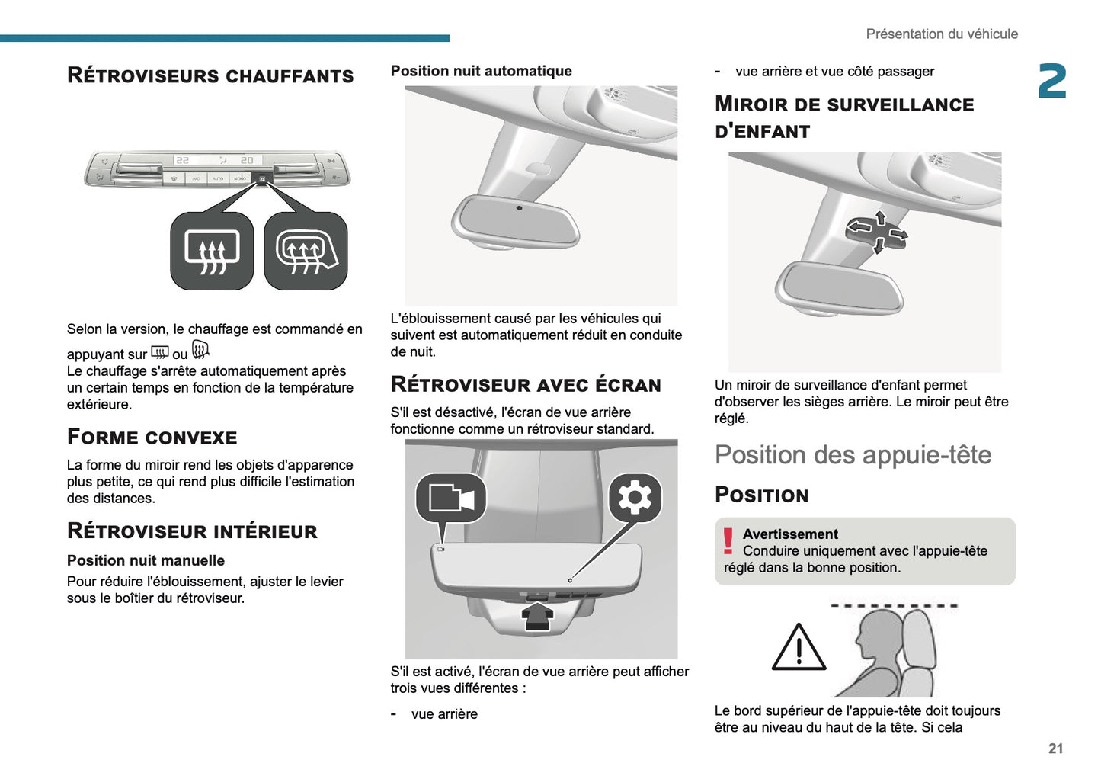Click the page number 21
tap(1055, 749)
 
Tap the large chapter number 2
tap(1052, 82)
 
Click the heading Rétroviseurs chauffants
tap(210, 75)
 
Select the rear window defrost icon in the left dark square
tap(212, 252)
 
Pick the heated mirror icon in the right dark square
tap(306, 252)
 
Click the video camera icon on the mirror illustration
tap(451, 499)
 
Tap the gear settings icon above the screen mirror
tap(635, 499)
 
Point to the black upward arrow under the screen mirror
tap(538, 614)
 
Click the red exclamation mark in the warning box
tap(728, 541)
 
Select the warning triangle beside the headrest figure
tap(799, 648)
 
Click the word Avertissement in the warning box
tap(790, 534)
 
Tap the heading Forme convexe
tap(152, 438)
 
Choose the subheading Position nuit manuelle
tap(146, 560)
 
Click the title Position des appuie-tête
tap(853, 455)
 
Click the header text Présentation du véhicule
tap(941, 34)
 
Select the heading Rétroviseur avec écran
tap(526, 385)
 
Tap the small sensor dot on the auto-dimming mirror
tap(519, 208)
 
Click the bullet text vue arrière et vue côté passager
tap(834, 72)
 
